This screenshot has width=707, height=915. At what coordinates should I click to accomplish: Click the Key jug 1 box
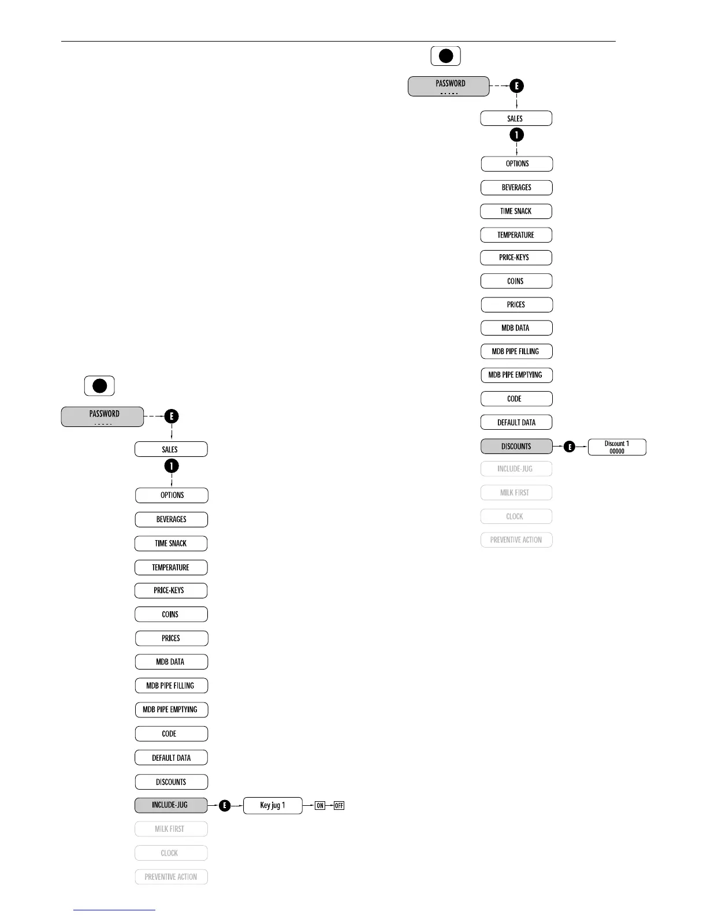(273, 805)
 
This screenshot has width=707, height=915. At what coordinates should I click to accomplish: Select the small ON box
(320, 805)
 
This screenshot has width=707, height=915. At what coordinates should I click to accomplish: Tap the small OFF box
(339, 805)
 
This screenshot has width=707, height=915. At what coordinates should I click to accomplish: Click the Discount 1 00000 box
(617, 447)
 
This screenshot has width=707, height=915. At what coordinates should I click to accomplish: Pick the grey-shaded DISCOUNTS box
(516, 446)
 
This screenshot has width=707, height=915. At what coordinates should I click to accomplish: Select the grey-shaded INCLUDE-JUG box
(170, 805)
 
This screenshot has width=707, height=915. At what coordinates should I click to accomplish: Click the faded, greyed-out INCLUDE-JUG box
(516, 469)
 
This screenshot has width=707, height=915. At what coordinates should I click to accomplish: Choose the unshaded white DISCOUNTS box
(171, 782)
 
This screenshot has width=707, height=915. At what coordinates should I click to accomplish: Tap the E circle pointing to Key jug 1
(225, 805)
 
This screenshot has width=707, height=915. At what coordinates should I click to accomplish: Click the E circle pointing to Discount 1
(570, 447)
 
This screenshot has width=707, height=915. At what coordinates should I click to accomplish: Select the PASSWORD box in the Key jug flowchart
(103, 416)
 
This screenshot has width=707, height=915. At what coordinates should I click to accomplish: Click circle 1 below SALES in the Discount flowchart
(516, 135)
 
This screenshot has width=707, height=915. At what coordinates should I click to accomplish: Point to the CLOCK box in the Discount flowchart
(516, 516)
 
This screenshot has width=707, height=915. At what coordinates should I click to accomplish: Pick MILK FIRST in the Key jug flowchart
(171, 829)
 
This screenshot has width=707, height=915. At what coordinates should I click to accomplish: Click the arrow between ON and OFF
(330, 805)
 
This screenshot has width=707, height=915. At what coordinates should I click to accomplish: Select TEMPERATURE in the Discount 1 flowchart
(516, 235)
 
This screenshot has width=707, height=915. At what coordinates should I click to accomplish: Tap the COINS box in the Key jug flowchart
(171, 614)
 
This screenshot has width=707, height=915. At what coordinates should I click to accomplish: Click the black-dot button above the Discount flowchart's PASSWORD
(445, 56)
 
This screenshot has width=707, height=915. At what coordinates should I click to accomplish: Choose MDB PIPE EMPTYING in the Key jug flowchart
(171, 709)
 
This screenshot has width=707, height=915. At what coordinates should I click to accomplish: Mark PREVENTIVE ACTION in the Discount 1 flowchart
(516, 540)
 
